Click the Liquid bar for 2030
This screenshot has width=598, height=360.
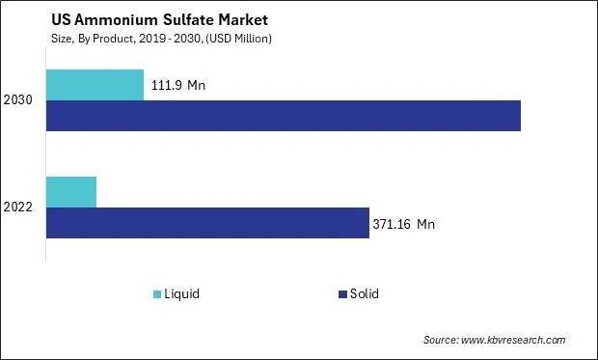pyautogui.click(x=95, y=85)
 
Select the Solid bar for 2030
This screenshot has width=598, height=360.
pyautogui.click(x=284, y=115)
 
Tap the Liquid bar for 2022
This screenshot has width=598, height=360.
pyautogui.click(x=71, y=192)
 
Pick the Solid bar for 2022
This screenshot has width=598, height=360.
pyautogui.click(x=207, y=223)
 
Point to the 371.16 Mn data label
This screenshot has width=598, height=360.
pyautogui.click(x=403, y=224)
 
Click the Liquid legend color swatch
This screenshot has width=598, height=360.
pyautogui.click(x=156, y=293)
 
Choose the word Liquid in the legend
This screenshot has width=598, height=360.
pyautogui.click(x=182, y=293)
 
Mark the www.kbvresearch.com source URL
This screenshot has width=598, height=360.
pyautogui.click(x=515, y=340)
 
